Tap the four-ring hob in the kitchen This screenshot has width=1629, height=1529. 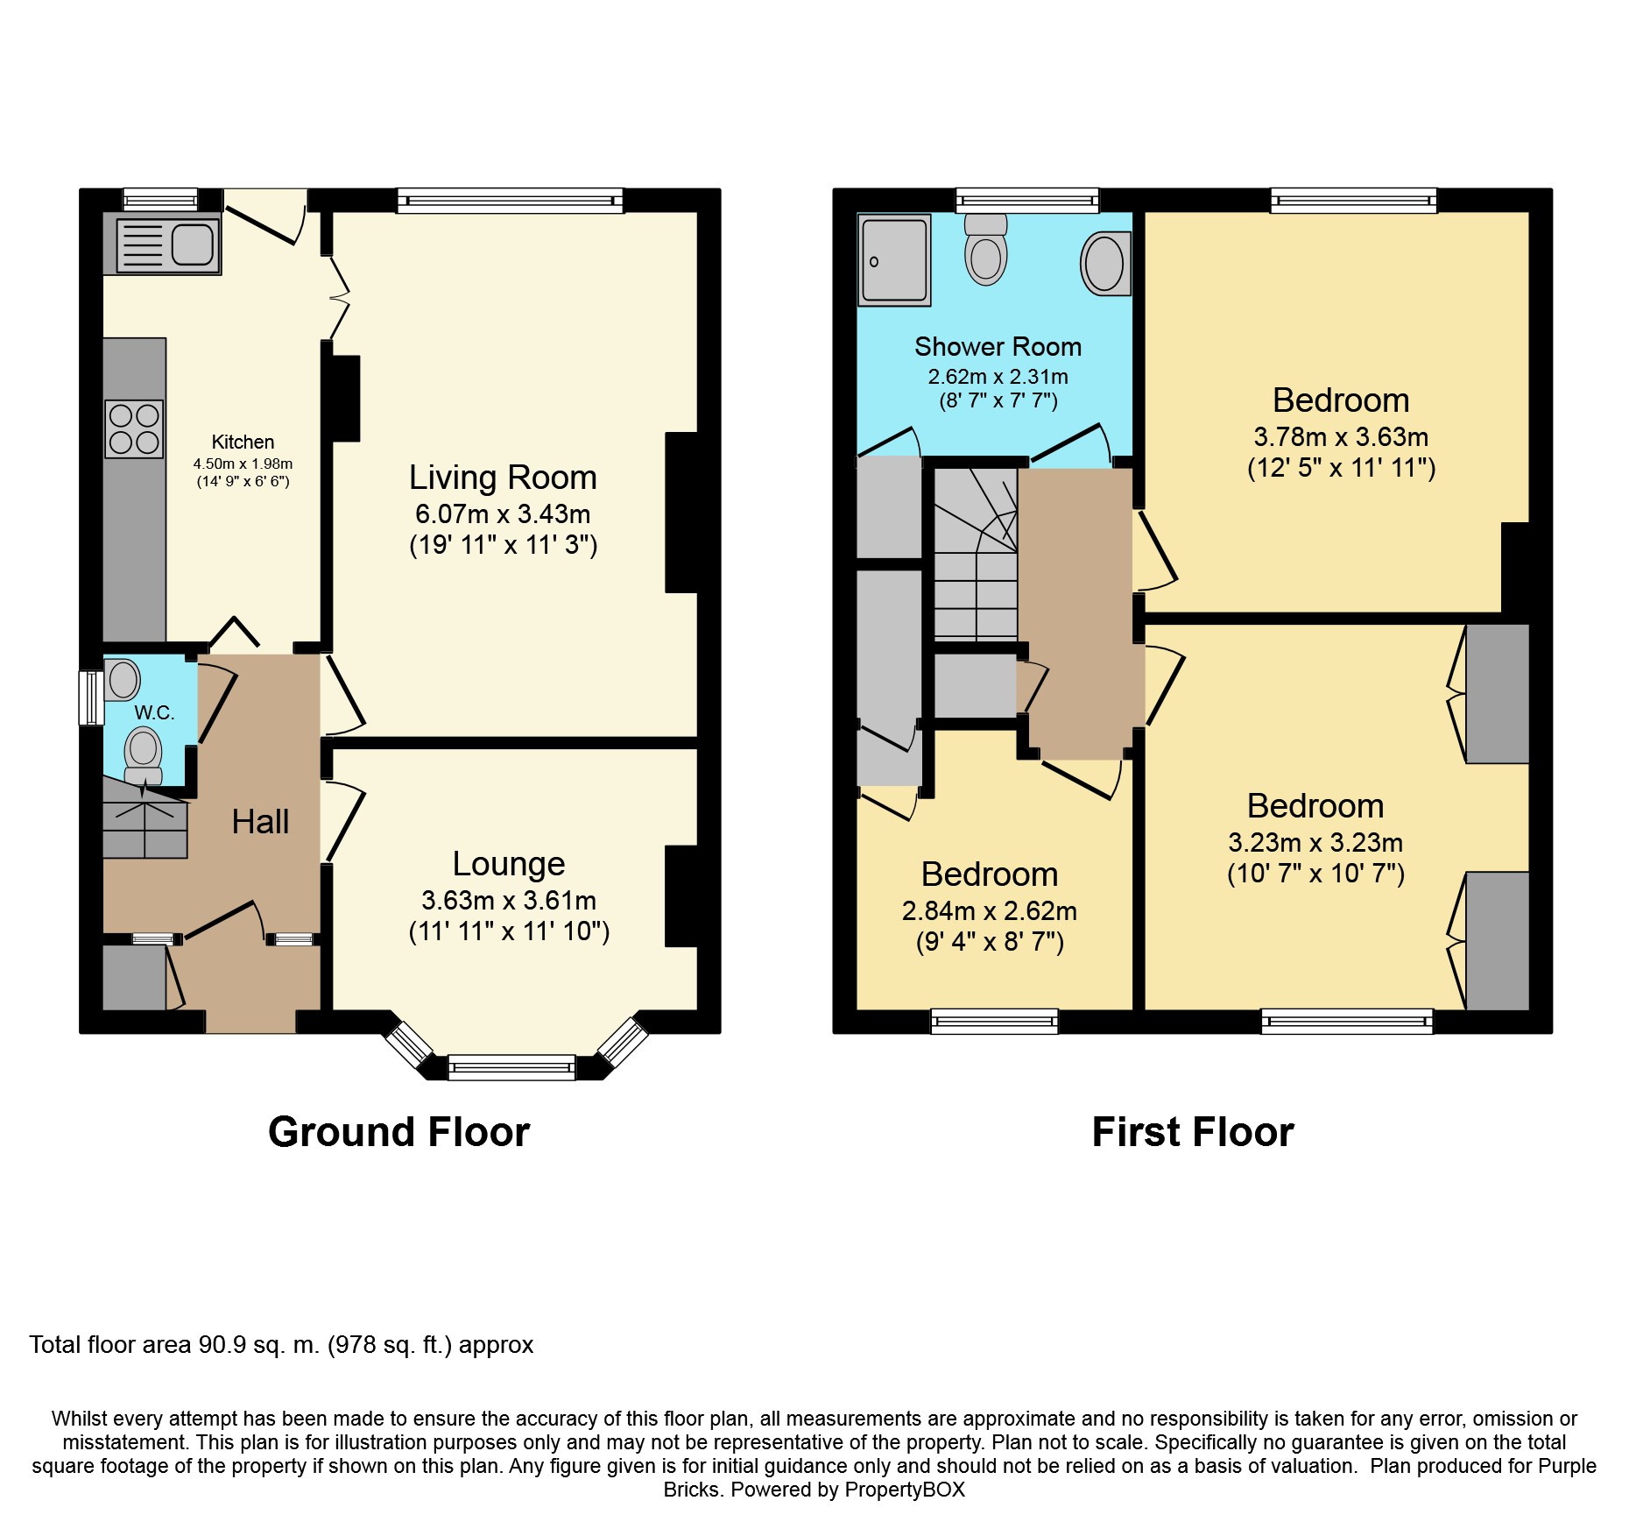134,428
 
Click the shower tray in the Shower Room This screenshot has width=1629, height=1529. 894,260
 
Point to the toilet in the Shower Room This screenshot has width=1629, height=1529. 986,249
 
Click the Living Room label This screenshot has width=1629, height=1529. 503,478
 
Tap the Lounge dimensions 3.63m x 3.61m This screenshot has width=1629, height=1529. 509,900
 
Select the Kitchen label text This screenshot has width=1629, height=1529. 243,442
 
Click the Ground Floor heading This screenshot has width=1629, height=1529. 398,1131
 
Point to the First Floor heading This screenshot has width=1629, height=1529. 1193,1131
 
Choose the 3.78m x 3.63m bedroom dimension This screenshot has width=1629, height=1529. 1341,436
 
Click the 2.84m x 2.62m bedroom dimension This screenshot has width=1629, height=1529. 990,910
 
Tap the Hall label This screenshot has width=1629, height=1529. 260,822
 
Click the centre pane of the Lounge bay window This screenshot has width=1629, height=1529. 511,1067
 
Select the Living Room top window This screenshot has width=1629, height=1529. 511,201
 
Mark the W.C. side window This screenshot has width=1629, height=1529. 91,697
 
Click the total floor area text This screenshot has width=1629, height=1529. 281,1345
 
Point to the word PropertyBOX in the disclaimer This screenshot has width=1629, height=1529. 905,1490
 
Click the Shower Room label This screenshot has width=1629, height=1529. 998,347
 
